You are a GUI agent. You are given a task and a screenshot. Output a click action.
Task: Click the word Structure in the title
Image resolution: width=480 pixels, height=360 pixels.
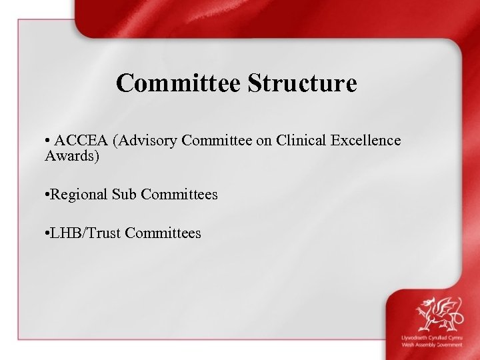tap(303, 83)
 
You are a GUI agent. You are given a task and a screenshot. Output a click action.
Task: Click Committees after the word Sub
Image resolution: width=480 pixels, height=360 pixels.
tap(176, 195)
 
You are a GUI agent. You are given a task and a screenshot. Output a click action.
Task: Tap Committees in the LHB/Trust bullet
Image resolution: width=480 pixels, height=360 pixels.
tap(163, 233)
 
